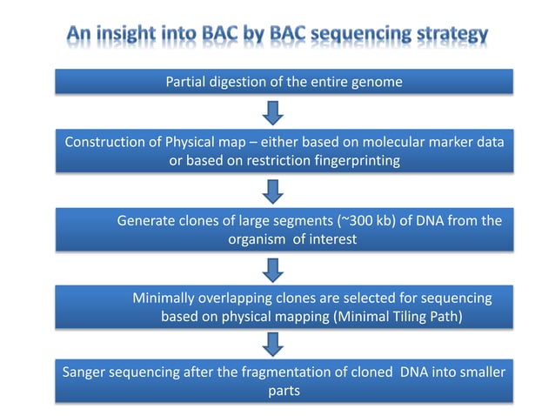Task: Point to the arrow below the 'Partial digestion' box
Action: pos(275,112)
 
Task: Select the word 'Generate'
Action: pos(146,221)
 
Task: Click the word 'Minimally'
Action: pos(164,298)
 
